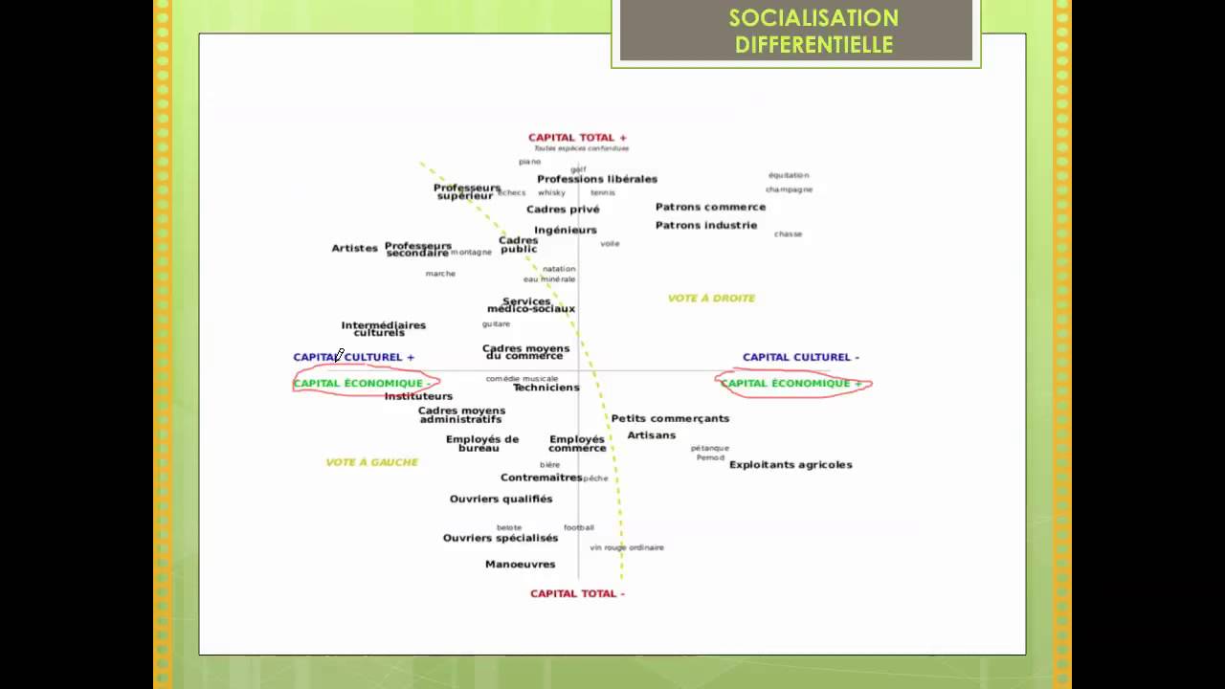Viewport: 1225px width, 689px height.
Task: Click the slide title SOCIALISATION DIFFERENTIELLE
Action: pos(813,32)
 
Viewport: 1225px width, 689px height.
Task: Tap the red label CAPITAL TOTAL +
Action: pos(577,138)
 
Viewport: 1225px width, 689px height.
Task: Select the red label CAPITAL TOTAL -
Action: pos(577,593)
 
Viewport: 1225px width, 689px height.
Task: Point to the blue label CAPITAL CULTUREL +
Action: pos(353,357)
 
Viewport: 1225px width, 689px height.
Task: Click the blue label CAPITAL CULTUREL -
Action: pos(800,357)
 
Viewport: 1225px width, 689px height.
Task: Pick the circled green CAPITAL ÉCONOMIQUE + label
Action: pos(791,384)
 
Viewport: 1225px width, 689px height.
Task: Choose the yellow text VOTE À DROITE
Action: pos(711,299)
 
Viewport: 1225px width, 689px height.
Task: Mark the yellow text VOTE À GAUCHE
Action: pos(372,462)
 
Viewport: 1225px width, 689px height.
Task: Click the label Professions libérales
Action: pos(597,179)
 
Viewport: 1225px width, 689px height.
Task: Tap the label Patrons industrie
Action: pos(706,226)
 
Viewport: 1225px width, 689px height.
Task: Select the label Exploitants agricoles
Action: pos(791,465)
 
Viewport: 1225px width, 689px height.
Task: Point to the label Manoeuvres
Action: pos(520,565)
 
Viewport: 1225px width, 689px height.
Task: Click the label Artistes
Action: pos(355,249)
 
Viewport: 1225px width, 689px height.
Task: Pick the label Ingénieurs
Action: pos(566,231)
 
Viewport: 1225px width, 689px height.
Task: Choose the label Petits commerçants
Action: pos(670,418)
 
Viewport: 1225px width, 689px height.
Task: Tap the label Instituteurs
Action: pos(418,396)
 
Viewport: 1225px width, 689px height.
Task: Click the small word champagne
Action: pos(789,189)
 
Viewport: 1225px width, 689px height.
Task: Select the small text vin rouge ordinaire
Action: pos(627,547)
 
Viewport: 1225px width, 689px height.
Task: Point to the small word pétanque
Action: pos(710,448)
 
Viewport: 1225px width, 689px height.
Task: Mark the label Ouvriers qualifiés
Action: pos(501,499)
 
